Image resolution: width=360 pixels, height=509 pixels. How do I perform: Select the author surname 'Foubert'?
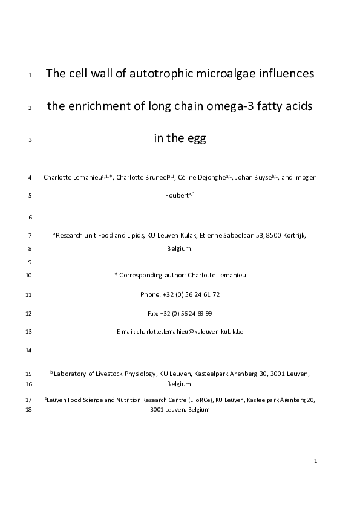tap(176, 195)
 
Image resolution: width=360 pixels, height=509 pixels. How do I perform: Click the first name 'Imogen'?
tap(306, 177)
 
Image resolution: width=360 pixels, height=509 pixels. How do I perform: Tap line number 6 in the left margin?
tap(30, 217)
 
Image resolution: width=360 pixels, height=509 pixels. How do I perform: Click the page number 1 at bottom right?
tap(316, 461)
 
